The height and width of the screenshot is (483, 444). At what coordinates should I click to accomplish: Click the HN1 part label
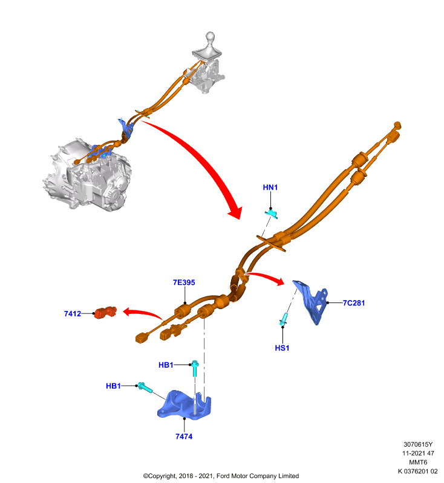click(270, 187)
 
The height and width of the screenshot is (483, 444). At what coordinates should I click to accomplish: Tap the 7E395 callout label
click(184, 283)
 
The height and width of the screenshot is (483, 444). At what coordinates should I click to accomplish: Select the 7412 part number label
click(73, 313)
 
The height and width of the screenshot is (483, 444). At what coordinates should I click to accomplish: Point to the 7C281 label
click(354, 303)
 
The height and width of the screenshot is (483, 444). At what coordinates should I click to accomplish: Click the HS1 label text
click(282, 348)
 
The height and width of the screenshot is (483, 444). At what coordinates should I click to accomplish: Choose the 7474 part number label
click(184, 437)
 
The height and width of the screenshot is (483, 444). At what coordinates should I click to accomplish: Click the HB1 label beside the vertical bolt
click(166, 365)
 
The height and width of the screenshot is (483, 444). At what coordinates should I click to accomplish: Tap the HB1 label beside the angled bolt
click(113, 386)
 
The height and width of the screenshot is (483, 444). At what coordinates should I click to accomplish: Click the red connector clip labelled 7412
click(105, 312)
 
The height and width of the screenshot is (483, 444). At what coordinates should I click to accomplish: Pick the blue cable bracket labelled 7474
click(184, 405)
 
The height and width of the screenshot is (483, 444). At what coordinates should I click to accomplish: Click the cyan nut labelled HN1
click(271, 213)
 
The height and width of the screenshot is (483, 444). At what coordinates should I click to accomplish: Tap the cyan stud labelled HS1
click(284, 319)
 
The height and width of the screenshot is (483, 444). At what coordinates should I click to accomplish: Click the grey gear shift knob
click(210, 37)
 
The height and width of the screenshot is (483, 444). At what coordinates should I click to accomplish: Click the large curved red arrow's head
click(235, 212)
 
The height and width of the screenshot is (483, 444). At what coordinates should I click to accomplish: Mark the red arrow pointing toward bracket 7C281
click(266, 277)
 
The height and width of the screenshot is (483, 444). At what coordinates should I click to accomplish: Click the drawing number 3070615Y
click(418, 444)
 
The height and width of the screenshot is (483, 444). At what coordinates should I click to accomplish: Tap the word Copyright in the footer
click(162, 476)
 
